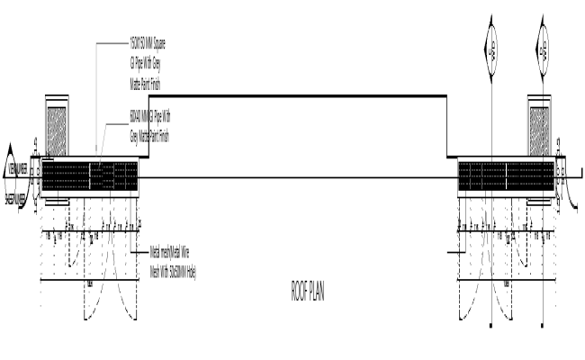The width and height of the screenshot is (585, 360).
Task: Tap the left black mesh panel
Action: point(90,176)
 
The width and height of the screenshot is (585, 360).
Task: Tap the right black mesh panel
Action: point(506,176)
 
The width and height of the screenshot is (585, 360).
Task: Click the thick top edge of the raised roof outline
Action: point(297,96)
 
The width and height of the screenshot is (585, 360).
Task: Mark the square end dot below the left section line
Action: point(490,325)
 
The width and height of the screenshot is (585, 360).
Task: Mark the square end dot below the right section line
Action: point(544,325)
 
